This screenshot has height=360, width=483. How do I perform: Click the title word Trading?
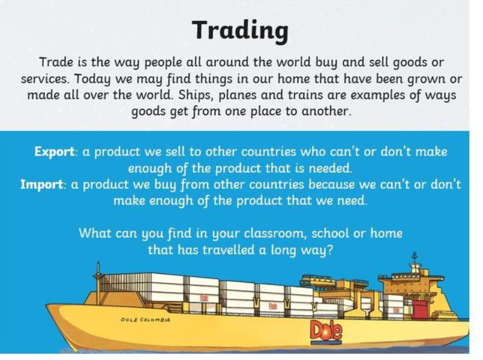(241, 31)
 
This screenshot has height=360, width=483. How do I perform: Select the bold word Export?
(54, 152)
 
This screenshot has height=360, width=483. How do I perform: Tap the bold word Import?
(42, 184)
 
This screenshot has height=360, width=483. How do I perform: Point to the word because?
(331, 184)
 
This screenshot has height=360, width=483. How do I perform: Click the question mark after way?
(330, 250)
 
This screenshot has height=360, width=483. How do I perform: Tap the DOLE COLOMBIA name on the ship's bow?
(146, 320)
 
